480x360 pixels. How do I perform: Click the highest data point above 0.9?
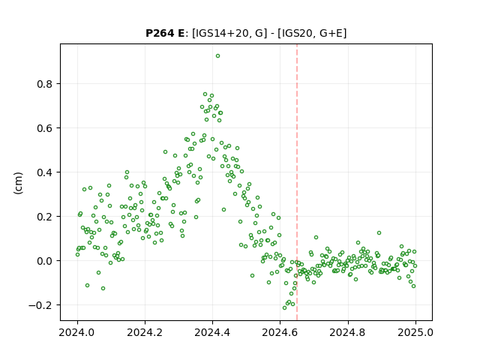click(x=217, y=56)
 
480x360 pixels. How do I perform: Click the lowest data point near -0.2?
click(x=285, y=307)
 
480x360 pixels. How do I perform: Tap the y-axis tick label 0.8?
click(x=46, y=84)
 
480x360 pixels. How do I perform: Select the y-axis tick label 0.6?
click(x=46, y=128)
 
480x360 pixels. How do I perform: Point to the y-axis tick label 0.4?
click(x=46, y=172)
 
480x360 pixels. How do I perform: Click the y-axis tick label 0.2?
click(x=46, y=217)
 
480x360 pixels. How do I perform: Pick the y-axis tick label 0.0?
click(x=46, y=261)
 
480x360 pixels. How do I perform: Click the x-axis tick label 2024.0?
click(x=77, y=332)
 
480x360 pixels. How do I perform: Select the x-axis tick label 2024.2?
click(x=145, y=332)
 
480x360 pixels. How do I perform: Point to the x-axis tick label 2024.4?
click(x=212, y=332)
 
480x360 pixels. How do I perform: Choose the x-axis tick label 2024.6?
click(x=280, y=332)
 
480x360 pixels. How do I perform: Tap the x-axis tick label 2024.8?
click(x=348, y=332)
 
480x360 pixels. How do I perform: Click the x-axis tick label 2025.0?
click(x=415, y=332)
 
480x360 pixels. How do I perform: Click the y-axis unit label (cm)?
click(x=18, y=183)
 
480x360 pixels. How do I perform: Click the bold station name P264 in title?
click(x=160, y=33)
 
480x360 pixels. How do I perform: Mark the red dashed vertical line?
click(x=297, y=182)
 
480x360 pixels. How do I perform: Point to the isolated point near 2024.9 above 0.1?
click(x=379, y=233)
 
